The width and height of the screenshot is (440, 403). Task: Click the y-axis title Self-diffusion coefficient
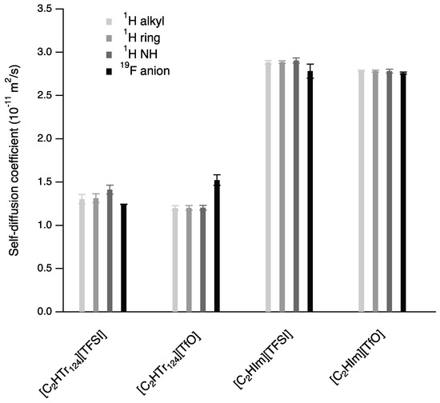click(14, 160)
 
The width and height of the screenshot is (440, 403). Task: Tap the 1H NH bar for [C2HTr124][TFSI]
click(110, 251)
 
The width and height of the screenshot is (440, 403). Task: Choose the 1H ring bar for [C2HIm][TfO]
click(375, 191)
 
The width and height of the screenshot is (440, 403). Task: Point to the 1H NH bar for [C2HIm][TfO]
click(390, 191)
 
